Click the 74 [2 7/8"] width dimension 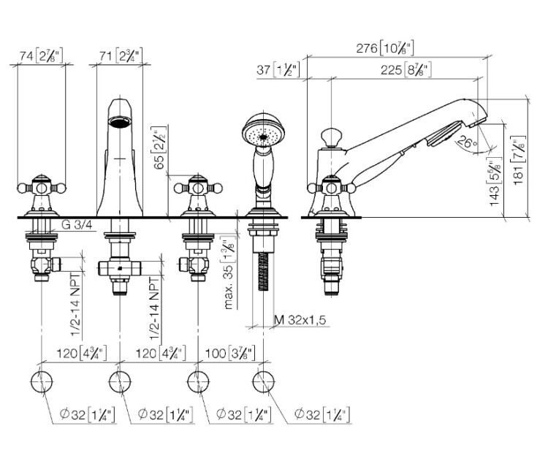pos(40,55)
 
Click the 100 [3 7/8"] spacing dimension pos(229,353)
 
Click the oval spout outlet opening pos(118,122)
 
